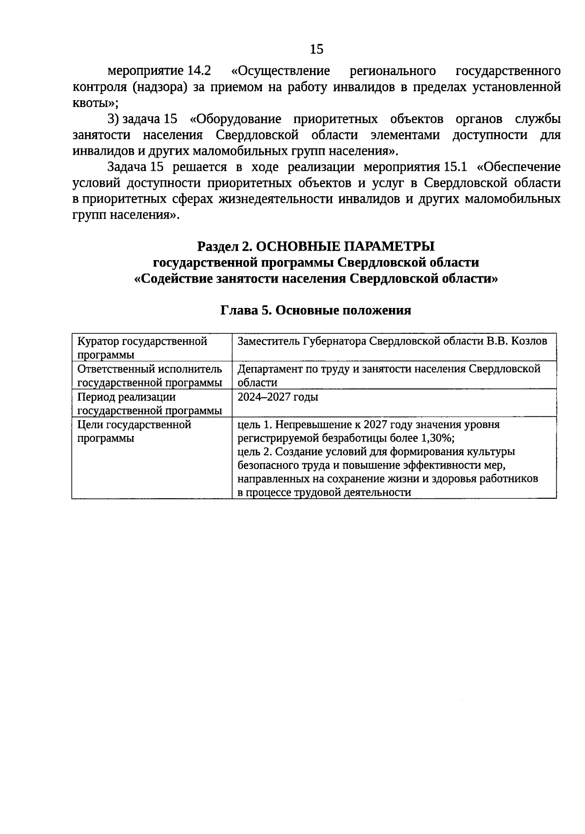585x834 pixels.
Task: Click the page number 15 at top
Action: pyautogui.click(x=316, y=49)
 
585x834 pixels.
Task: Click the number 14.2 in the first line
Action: pyautogui.click(x=199, y=71)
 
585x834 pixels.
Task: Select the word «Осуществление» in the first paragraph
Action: pyautogui.click(x=281, y=71)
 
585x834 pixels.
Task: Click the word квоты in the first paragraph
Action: pyautogui.click(x=94, y=103)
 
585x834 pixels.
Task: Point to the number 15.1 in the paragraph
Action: pyautogui.click(x=453, y=167)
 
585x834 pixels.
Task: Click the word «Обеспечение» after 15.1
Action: pyautogui.click(x=519, y=167)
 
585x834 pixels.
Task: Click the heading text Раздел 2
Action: pyautogui.click(x=225, y=246)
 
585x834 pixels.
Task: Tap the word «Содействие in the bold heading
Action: pyautogui.click(x=167, y=279)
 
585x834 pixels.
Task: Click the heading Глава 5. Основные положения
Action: pyautogui.click(x=316, y=310)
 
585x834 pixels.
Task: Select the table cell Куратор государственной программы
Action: pyautogui.click(x=142, y=347)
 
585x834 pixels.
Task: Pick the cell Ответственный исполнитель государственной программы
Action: pyautogui.click(x=150, y=375)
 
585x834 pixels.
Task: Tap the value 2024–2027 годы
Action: pyautogui.click(x=278, y=397)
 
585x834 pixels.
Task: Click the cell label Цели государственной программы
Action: pyautogui.click(x=135, y=431)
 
